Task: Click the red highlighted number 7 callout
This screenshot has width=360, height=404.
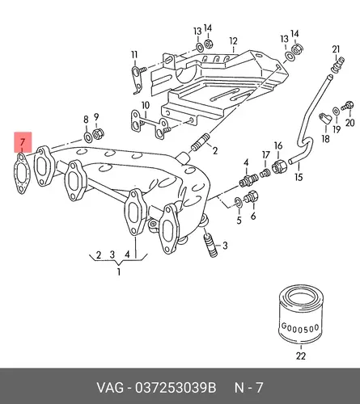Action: (x=23, y=142)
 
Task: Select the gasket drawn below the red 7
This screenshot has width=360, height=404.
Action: (x=22, y=174)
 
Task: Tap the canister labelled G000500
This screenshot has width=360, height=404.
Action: (x=300, y=315)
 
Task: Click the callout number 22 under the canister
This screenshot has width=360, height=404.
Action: (x=301, y=356)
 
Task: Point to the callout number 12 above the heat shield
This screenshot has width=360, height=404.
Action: (x=233, y=41)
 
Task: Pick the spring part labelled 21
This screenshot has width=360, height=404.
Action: (x=338, y=65)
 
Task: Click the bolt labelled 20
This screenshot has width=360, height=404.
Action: (x=347, y=106)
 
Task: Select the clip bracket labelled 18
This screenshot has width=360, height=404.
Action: (x=324, y=118)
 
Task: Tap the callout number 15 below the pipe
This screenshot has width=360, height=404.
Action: (x=299, y=177)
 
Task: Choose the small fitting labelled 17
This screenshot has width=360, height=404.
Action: (x=265, y=173)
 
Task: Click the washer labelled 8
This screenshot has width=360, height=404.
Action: (x=87, y=137)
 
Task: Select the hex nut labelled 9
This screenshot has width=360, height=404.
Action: (x=98, y=134)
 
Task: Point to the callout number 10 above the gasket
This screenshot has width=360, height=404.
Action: (x=145, y=105)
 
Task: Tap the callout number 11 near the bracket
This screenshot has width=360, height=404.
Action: (x=134, y=55)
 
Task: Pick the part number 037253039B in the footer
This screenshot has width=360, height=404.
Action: (x=176, y=388)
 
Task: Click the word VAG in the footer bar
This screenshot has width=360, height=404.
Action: (x=111, y=388)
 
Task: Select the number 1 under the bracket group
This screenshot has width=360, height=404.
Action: (x=119, y=271)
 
